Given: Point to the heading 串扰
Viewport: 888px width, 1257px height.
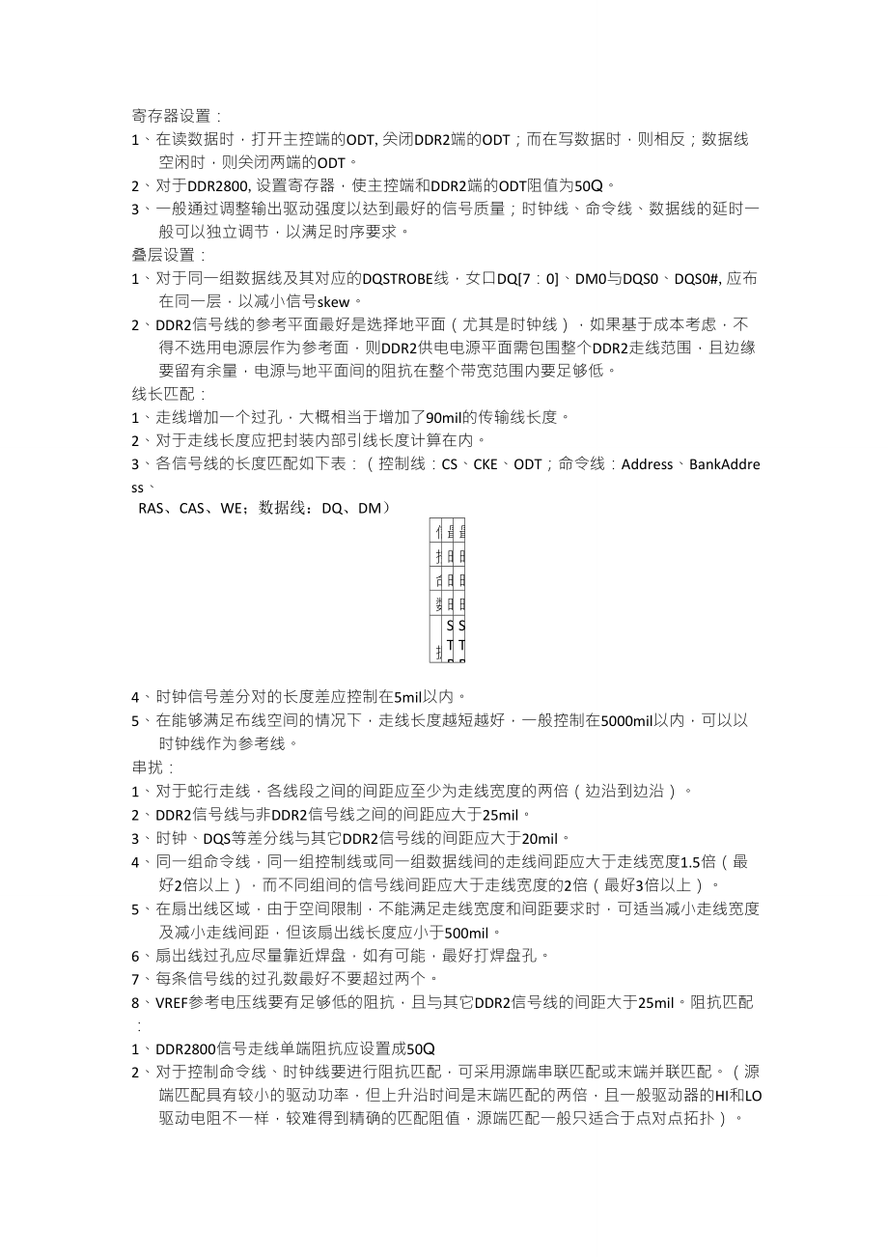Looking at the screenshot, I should pyautogui.click(x=151, y=768).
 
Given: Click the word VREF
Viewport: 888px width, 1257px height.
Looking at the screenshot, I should pyautogui.click(x=174, y=1002).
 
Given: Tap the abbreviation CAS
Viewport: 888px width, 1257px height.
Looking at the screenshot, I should pyautogui.click(x=196, y=508).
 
